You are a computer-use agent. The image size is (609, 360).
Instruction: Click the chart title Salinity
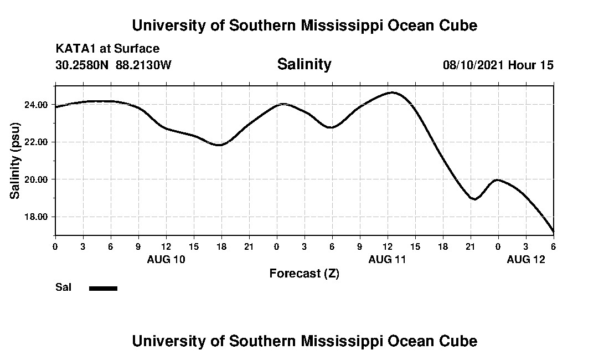click(304, 64)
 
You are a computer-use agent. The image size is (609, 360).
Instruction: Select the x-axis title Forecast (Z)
click(304, 273)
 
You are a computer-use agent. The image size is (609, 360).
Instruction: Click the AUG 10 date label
click(166, 259)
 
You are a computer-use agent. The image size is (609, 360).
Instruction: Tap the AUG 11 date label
click(388, 259)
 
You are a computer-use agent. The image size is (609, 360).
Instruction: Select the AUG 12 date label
click(526, 259)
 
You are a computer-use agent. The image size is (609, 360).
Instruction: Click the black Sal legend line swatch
click(104, 288)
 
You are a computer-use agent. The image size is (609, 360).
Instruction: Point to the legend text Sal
click(63, 287)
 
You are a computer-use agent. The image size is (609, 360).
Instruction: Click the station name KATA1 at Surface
click(107, 49)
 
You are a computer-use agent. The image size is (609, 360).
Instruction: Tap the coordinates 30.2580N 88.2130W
click(113, 65)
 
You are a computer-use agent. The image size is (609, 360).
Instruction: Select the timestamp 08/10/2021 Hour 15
click(498, 65)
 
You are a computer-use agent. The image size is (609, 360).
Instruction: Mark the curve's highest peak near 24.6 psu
click(393, 92)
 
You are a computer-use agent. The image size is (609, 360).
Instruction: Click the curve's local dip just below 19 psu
click(474, 199)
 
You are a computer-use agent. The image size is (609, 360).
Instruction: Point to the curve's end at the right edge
click(553, 232)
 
